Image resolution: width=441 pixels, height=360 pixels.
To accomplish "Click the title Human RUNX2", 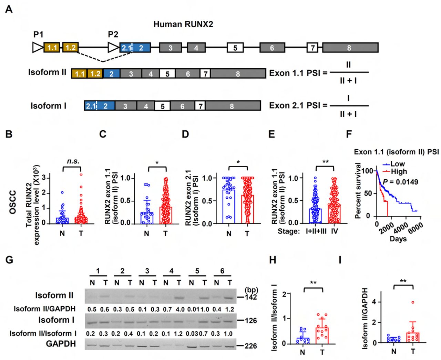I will tap(183, 24).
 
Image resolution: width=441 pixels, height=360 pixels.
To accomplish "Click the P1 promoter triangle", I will tap(38, 47).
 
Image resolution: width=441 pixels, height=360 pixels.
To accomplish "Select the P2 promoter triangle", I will tap(113, 47).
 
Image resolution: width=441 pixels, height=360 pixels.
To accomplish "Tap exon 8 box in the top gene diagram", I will tap(350, 48).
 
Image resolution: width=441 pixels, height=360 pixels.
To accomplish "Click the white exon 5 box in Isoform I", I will tap(162, 106).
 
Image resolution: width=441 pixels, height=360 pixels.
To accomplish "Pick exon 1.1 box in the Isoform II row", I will tap(80, 74).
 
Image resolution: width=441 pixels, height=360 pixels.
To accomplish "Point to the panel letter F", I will tap(349, 134).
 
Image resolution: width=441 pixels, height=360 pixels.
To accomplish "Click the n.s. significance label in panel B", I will tap(73, 161).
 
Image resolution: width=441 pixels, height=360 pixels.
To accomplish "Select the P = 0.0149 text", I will tap(400, 181).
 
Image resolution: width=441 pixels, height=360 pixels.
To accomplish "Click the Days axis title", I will tap(398, 239).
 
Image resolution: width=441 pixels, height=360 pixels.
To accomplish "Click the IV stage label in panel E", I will tap(334, 231).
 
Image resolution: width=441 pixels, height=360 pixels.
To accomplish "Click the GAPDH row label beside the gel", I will tap(61, 344).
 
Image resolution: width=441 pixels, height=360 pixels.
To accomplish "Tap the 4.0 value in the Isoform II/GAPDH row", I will tap(179, 309).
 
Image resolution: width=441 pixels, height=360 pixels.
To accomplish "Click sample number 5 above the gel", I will tap(197, 271).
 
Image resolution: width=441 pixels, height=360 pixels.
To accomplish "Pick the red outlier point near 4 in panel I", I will tap(413, 302).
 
